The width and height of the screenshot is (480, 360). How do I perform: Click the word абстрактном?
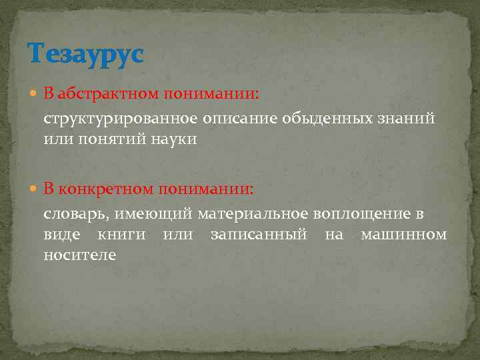(x=105, y=94)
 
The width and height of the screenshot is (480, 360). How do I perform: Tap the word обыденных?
(x=323, y=119)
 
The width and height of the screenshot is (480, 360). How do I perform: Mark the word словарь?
(x=71, y=213)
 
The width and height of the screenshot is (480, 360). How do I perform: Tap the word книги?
(x=122, y=235)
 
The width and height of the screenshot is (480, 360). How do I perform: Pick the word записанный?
(x=258, y=235)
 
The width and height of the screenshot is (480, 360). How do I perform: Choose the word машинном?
(x=403, y=235)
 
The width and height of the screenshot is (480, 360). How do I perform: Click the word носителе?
(x=79, y=255)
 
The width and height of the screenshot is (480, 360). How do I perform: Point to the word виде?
(x=61, y=235)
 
